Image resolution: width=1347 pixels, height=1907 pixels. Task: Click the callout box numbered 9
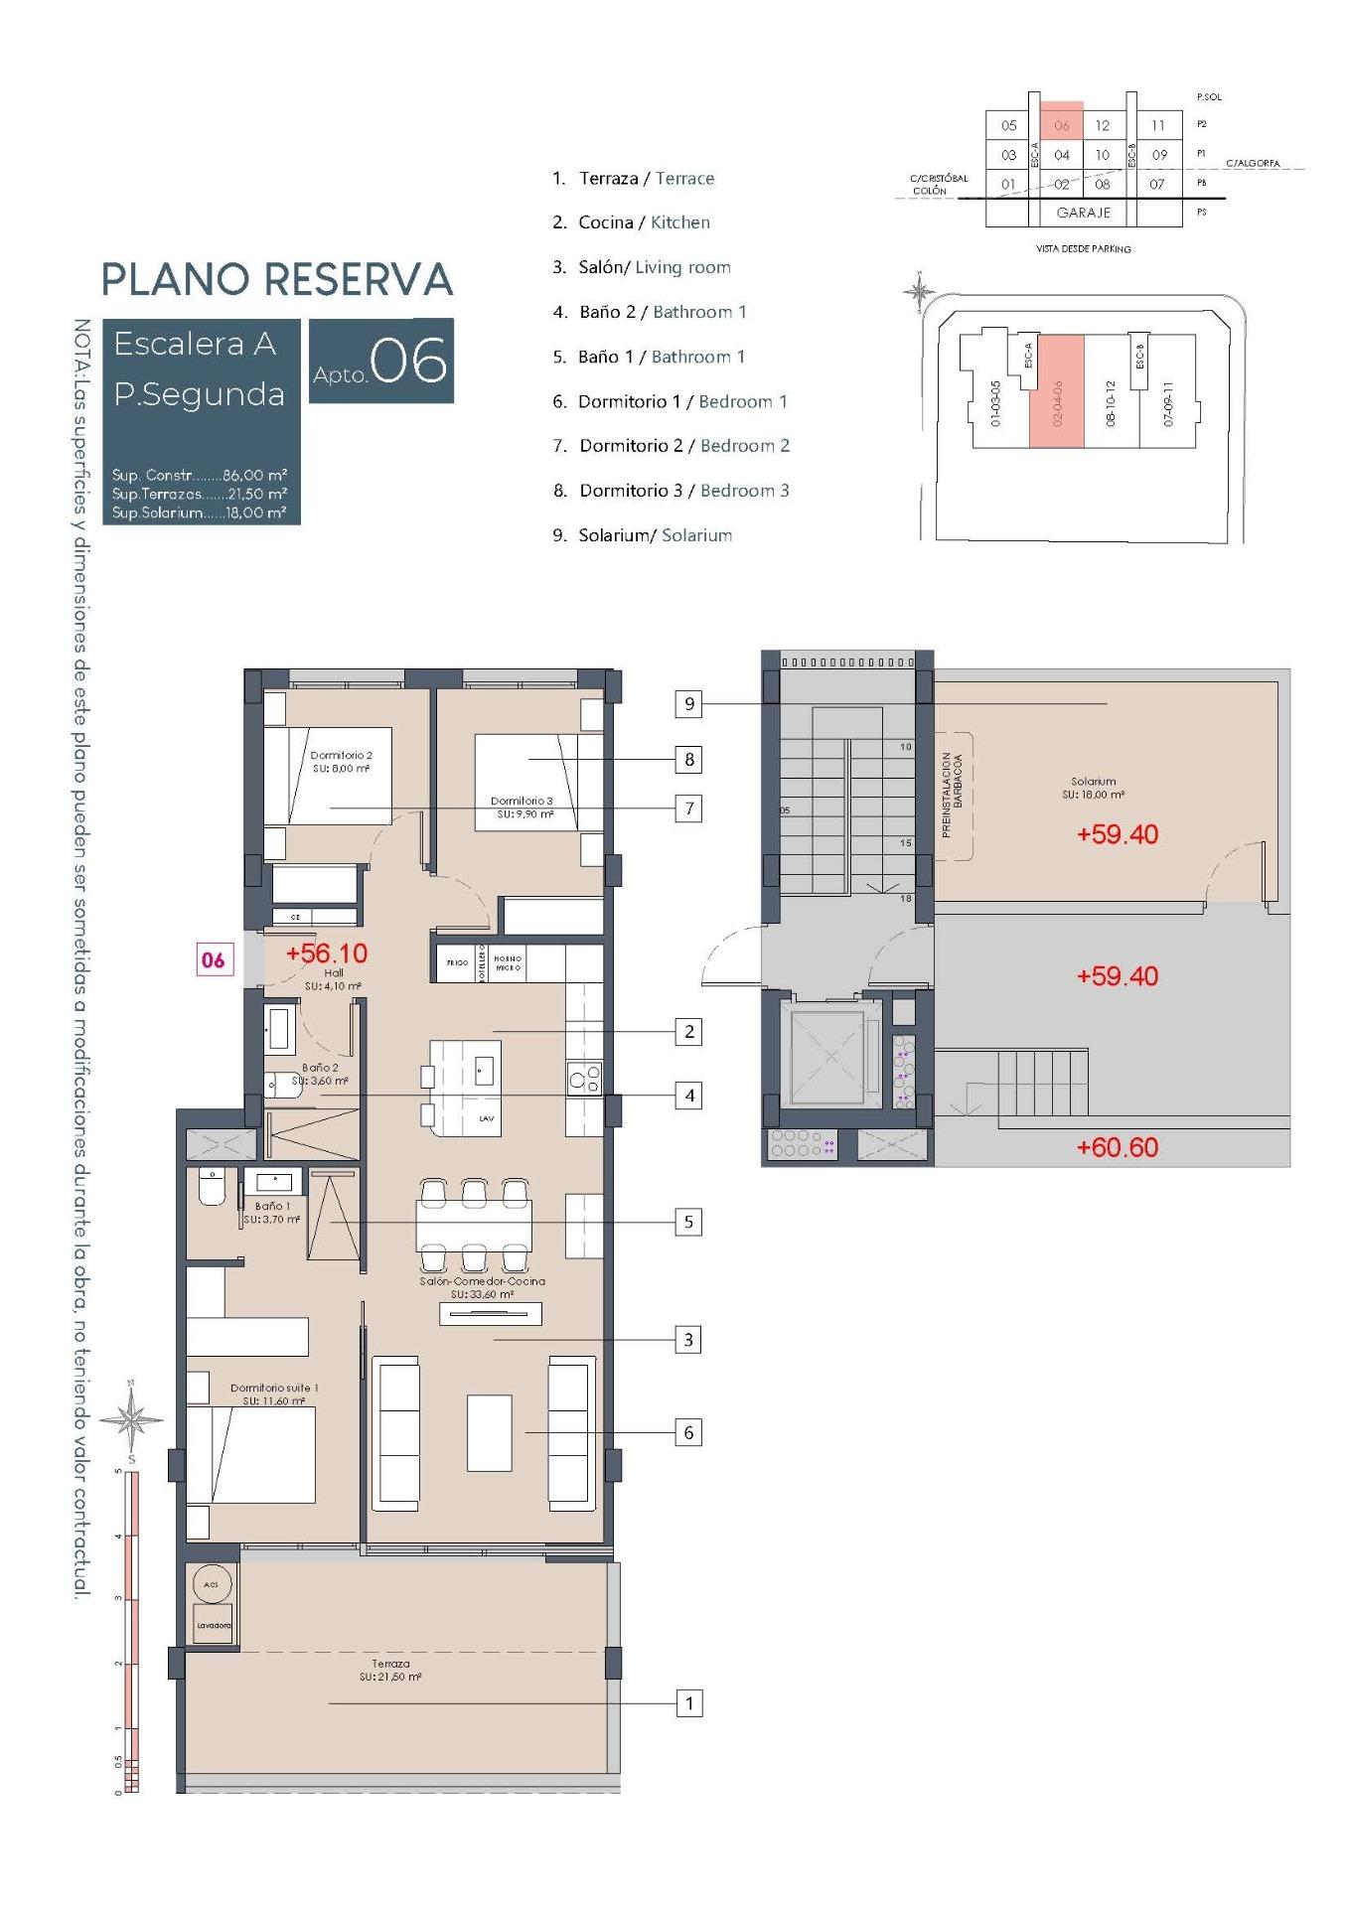tap(688, 704)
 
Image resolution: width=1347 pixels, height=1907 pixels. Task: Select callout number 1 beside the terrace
tap(688, 1703)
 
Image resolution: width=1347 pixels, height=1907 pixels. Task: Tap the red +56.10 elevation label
tap(326, 953)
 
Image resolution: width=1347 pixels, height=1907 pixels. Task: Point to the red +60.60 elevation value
tap(1117, 1147)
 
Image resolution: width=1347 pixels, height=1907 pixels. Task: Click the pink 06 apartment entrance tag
tap(214, 960)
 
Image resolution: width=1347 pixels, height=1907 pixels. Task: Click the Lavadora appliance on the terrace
tap(213, 1625)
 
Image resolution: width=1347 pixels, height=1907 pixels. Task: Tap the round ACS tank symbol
tap(212, 1585)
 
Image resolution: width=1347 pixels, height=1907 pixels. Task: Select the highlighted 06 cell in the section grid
tap(1061, 125)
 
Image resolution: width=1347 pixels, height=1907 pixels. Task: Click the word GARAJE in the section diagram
tap(1083, 213)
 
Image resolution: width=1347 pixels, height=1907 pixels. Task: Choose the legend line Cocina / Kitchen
tap(632, 222)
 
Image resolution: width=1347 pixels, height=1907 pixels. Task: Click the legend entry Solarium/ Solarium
tap(643, 535)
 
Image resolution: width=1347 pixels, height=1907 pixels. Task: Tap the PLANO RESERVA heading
tap(277, 279)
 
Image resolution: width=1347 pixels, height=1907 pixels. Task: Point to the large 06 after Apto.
tap(408, 362)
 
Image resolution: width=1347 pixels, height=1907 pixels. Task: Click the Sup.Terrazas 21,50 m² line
tap(200, 494)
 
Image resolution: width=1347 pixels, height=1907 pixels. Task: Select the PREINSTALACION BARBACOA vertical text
tap(953, 795)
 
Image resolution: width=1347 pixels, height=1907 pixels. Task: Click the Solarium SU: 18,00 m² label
tap(1093, 788)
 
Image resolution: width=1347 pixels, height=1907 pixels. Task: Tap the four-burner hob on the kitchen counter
tap(584, 1078)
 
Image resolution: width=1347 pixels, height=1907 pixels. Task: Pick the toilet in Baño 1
tap(212, 1186)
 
